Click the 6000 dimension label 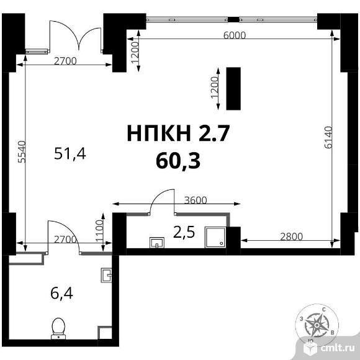[x=235, y=35]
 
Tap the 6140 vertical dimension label [x=328, y=137]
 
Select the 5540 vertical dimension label [x=22, y=152]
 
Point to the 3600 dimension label [x=196, y=200]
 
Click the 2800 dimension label [x=291, y=236]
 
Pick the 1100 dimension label [x=100, y=231]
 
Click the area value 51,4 [x=70, y=153]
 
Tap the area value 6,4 [x=61, y=294]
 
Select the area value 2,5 [x=184, y=232]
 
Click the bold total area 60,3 [x=178, y=161]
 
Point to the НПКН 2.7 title [x=178, y=133]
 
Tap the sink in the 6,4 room [x=106, y=275]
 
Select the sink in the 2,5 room [x=157, y=243]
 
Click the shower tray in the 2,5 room [x=215, y=237]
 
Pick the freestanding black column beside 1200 [x=233, y=89]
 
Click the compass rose [x=317, y=325]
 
